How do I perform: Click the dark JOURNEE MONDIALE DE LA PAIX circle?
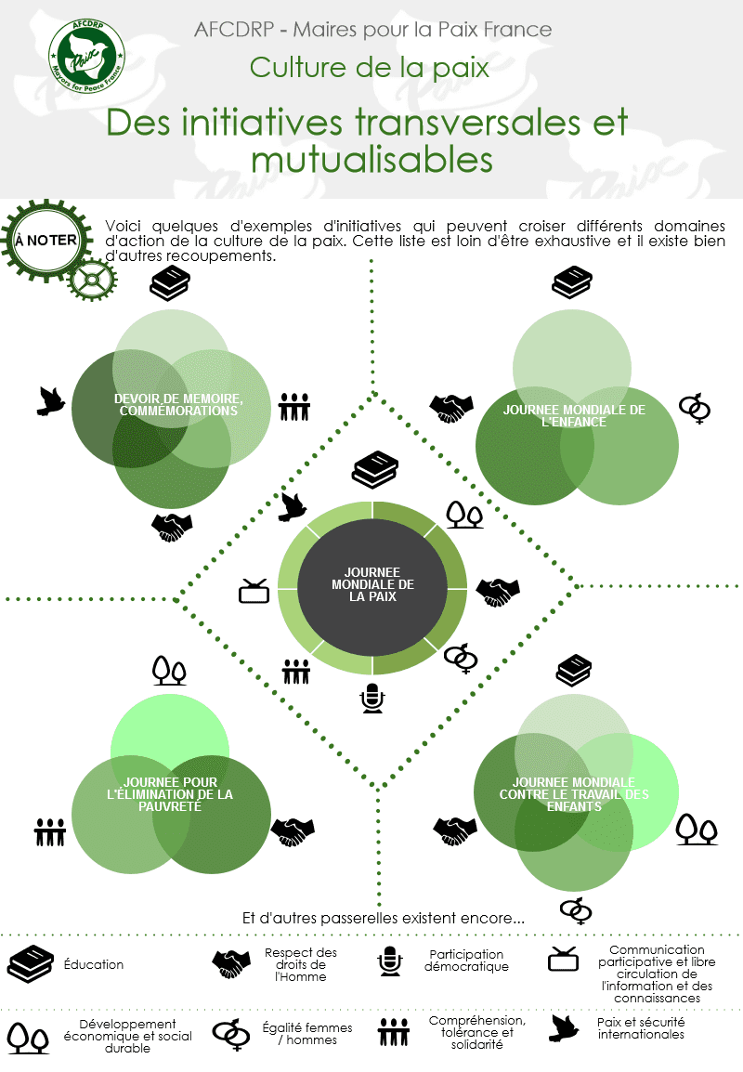click(372, 584)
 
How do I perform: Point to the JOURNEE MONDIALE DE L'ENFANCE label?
click(574, 415)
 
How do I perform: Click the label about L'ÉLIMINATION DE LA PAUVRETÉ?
click(170, 794)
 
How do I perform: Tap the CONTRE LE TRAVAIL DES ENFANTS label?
click(574, 794)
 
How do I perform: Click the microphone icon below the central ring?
click(372, 699)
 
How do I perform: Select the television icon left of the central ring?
click(254, 591)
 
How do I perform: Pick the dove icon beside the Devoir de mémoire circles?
click(51, 400)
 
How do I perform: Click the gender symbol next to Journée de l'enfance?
click(695, 408)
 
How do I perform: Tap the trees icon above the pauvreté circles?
click(170, 670)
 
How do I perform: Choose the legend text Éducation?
click(94, 964)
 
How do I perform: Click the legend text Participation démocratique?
click(466, 961)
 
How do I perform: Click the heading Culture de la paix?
click(370, 68)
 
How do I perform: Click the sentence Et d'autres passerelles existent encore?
click(383, 918)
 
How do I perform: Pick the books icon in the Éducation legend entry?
click(30, 964)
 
